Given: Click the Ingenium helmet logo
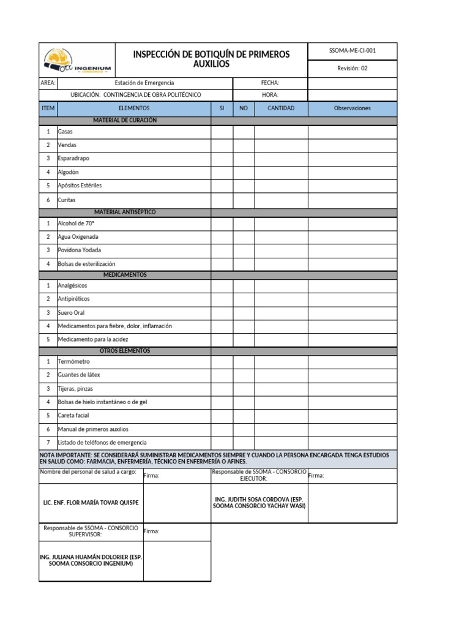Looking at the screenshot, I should coord(77,60).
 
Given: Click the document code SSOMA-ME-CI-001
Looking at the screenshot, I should coord(352,51).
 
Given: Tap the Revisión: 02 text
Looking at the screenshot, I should coord(352,69).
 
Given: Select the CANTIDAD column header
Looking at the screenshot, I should coord(281,108).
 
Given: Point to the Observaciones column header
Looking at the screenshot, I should coord(352,108).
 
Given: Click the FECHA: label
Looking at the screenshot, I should coord(270,83).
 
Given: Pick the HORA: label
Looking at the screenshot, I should coord(270,95).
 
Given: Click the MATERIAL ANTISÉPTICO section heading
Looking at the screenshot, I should coord(125,212).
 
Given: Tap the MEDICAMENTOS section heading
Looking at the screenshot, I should coord(125,275).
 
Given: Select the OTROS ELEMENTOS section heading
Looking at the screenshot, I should coord(125,351).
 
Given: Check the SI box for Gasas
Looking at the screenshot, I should coord(222,132).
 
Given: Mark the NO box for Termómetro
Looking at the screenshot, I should coord(244,362).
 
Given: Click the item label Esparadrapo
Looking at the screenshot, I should coord(73,159).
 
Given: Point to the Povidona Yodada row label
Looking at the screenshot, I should coord(80,250).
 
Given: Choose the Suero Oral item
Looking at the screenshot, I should coord(71,313).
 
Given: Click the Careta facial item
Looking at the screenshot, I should coord(73,415).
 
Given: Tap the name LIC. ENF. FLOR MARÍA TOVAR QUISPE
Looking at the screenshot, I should coord(91,503).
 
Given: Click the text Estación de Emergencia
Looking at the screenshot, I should coord(144,83).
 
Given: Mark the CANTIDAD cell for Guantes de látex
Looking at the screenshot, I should coord(281,375).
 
